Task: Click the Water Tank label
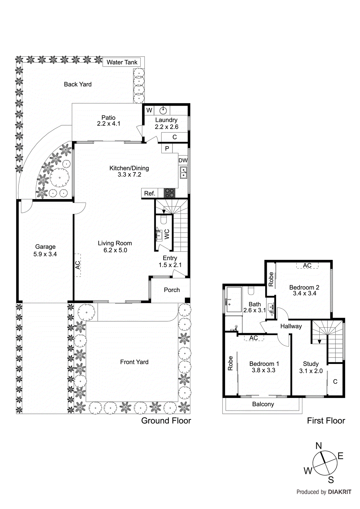(x=122, y=62)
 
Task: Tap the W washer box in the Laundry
(x=149, y=110)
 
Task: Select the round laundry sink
(x=163, y=111)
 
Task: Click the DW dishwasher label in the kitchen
(x=183, y=160)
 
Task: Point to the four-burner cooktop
(x=169, y=193)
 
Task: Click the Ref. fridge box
(x=150, y=193)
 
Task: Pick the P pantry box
(x=167, y=149)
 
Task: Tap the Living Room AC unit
(x=78, y=265)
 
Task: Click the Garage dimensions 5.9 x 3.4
(x=45, y=254)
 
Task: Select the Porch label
(x=172, y=290)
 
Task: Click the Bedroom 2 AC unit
(x=307, y=265)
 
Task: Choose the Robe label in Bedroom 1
(x=230, y=363)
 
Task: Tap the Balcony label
(x=263, y=404)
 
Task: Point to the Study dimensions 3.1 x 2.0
(x=311, y=371)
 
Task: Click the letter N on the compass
(x=319, y=446)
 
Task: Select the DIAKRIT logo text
(x=340, y=492)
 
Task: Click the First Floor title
(x=326, y=421)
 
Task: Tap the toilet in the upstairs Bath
(x=251, y=291)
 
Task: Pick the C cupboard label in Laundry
(x=174, y=137)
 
